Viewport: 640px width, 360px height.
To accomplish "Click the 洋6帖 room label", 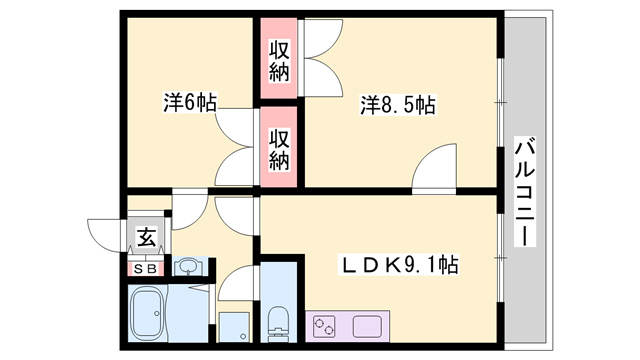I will (x=191, y=102).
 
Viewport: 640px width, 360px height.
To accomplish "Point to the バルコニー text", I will (x=525, y=190).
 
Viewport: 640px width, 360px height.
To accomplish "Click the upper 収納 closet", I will (x=279, y=59).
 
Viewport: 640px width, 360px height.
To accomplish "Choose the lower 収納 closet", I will (x=279, y=146).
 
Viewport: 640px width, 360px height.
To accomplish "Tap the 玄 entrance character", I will (x=146, y=238).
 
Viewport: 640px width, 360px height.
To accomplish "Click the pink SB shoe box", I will (x=145, y=267).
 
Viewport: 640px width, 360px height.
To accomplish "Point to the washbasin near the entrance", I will (x=187, y=266).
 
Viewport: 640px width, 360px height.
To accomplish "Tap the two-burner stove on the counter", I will (x=326, y=325).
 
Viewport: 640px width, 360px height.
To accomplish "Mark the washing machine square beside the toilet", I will (x=234, y=325).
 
